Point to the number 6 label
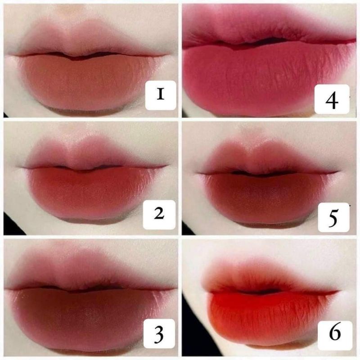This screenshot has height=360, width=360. tap(333, 334)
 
